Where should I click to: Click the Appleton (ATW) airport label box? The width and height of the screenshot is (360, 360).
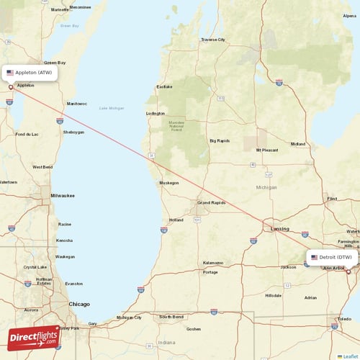point(30,73)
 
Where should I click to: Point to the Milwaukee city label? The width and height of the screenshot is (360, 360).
point(63,195)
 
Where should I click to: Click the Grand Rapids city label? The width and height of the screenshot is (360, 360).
point(212,203)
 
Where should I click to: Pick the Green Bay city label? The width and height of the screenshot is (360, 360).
point(55,63)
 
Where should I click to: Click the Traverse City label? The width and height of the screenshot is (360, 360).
point(213,40)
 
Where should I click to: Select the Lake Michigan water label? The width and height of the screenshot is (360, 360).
point(112,108)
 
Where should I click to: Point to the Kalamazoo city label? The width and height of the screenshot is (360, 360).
point(213,263)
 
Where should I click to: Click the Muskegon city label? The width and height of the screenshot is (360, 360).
point(169,183)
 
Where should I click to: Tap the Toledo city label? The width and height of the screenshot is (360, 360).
point(346,318)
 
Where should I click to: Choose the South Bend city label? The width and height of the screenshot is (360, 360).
point(171,317)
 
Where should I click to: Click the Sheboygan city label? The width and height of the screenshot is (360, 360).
point(73,132)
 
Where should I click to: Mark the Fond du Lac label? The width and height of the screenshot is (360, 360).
point(27,134)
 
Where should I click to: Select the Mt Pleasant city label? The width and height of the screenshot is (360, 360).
point(267,150)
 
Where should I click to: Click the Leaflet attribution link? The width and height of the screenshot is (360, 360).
point(348,356)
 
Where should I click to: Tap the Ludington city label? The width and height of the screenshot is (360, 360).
point(155,113)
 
